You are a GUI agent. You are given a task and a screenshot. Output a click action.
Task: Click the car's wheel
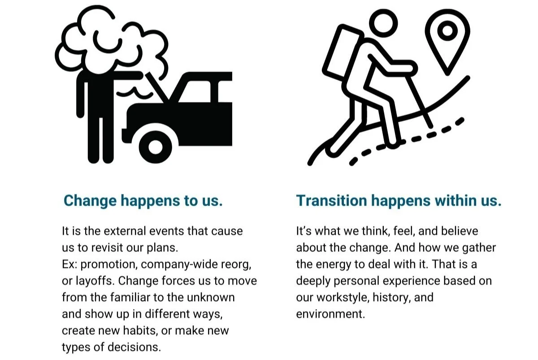pyautogui.click(x=155, y=146)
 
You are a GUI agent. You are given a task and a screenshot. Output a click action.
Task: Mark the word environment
pyautogui.click(x=330, y=313)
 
